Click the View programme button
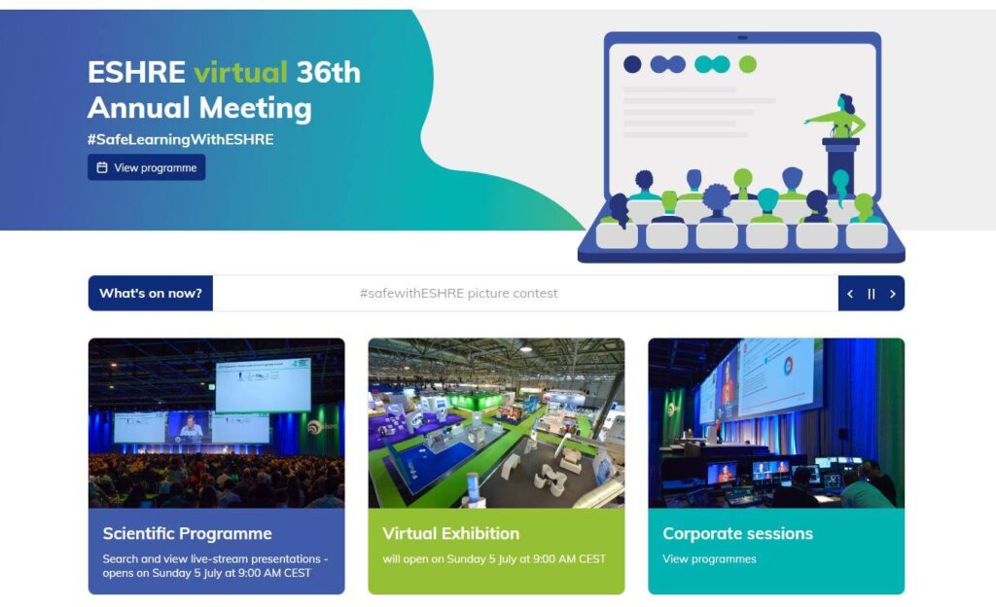click(x=146, y=167)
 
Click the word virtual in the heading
click(x=241, y=72)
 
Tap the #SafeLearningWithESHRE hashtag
click(x=180, y=140)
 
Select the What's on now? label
click(x=151, y=294)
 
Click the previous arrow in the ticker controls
click(x=850, y=294)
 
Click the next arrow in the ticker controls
click(x=893, y=294)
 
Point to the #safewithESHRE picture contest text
click(x=459, y=294)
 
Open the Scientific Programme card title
click(x=188, y=533)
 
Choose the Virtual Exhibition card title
click(x=451, y=533)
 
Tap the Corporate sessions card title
click(x=737, y=533)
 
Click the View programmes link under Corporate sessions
click(x=709, y=558)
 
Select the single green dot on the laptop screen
click(x=748, y=64)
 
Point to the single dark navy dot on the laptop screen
click(x=632, y=64)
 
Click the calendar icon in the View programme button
click(x=101, y=167)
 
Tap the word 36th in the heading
click(x=329, y=72)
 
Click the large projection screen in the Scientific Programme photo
click(x=263, y=386)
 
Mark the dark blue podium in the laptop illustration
click(x=841, y=165)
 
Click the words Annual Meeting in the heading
click(x=199, y=107)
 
